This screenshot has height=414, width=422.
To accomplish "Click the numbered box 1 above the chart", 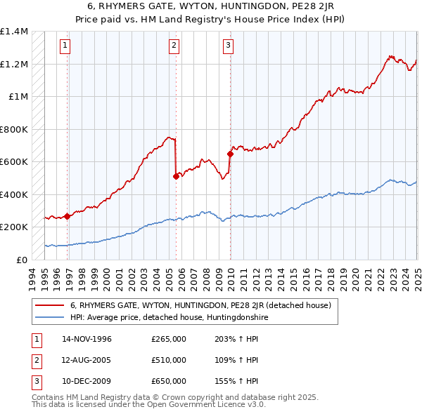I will click(65, 46).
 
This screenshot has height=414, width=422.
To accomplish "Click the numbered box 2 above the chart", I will click(174, 46).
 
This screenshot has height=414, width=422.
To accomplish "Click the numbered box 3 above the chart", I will click(229, 46).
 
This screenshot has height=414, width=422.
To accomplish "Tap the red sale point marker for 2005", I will click(176, 177).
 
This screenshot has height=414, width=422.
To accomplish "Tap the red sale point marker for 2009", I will click(230, 154).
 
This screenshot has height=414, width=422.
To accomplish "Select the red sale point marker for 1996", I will click(68, 216).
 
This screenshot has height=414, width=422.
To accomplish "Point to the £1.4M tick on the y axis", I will click(14, 32).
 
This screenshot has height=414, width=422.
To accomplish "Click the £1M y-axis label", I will click(18, 97).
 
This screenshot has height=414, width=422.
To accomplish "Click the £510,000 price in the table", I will click(169, 360).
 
